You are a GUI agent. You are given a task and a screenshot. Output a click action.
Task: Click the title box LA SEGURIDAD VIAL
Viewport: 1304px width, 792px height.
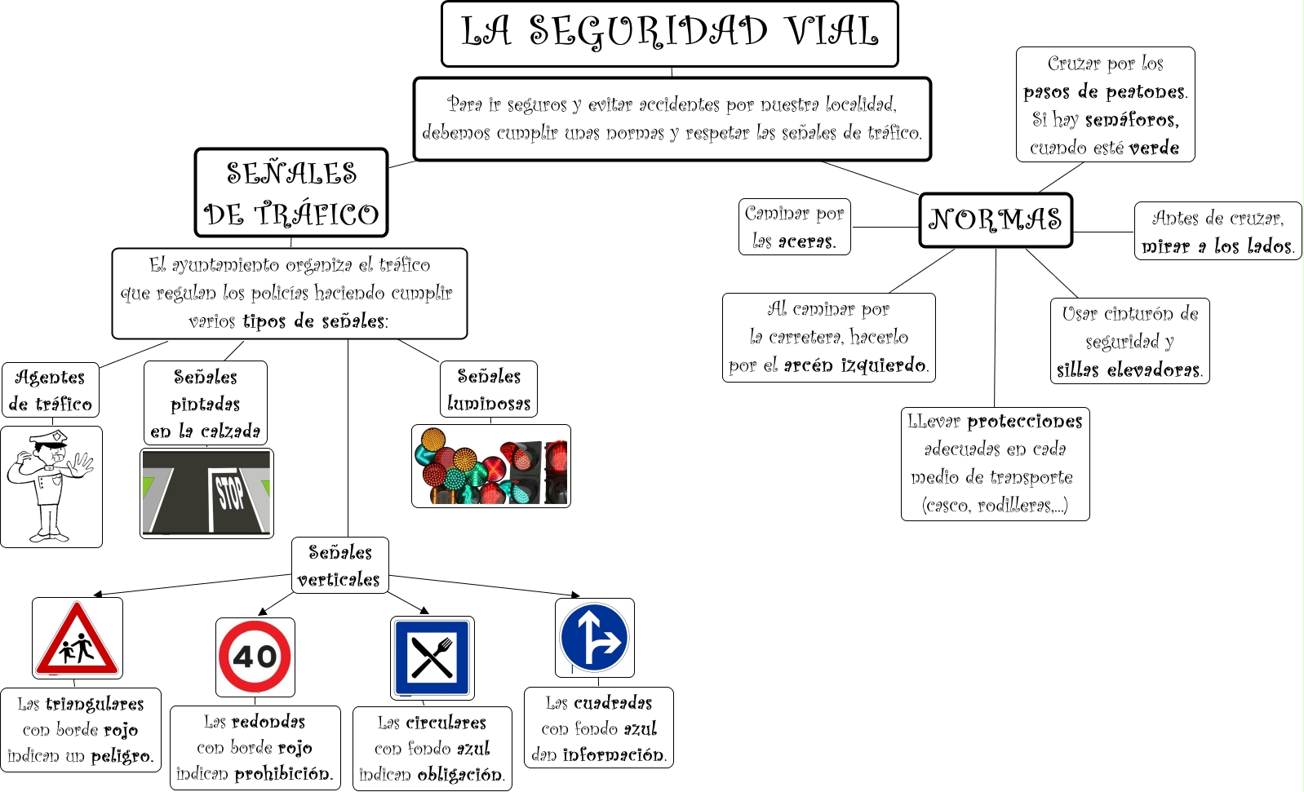[669, 33]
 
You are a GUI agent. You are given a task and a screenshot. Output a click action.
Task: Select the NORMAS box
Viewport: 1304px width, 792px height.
[995, 219]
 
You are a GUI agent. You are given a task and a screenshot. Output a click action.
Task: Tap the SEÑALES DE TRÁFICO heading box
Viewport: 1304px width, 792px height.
[291, 193]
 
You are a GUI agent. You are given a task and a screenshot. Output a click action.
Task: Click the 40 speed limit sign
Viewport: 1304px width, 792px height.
[255, 657]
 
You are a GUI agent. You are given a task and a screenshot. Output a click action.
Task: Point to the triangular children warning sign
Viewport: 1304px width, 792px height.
[78, 639]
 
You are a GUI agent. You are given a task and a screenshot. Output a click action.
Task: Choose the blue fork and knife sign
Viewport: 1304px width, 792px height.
[432, 657]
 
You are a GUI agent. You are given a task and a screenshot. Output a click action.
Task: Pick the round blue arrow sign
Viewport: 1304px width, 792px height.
[594, 638]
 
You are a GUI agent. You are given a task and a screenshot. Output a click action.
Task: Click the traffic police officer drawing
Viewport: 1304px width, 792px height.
[51, 486]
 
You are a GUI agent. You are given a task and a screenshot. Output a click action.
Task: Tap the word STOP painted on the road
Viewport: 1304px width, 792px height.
[230, 493]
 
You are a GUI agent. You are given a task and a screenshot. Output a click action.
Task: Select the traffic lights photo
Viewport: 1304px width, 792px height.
[490, 466]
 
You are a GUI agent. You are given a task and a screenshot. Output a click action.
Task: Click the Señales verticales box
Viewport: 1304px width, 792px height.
[339, 565]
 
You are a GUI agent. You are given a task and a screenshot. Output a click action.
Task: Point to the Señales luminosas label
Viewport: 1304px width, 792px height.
[488, 389]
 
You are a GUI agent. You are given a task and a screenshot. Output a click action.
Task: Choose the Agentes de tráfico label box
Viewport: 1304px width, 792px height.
[50, 390]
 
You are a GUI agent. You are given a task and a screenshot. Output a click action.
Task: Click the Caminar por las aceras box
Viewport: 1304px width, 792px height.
[794, 227]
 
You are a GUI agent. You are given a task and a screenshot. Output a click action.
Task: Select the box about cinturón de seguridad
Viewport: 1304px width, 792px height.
[1129, 341]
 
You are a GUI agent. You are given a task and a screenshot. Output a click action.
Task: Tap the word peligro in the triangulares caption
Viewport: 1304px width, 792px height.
[122, 756]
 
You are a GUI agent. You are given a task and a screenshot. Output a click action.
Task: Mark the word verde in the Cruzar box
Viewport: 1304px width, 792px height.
[1154, 148]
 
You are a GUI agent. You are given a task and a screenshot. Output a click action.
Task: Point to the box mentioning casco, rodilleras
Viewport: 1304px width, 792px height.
[995, 463]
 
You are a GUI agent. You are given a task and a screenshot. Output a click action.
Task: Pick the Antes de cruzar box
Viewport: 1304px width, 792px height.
[1217, 231]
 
